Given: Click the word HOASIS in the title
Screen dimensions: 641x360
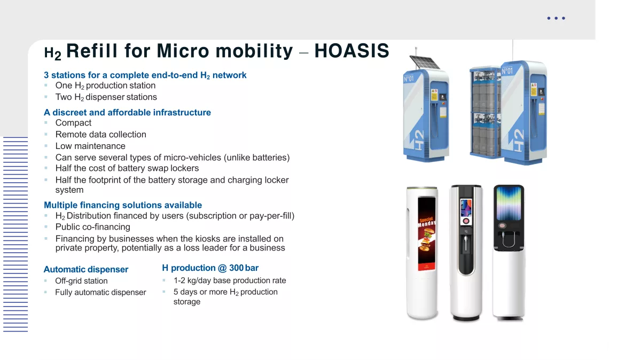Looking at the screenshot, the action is click(x=351, y=51).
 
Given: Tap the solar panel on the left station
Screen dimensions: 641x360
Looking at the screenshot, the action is click(x=425, y=62).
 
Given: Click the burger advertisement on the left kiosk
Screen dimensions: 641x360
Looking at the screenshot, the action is click(x=427, y=234).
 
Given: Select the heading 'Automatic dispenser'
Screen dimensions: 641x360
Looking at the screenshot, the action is click(x=86, y=269).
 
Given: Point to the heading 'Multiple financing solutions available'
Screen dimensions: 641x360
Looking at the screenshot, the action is click(x=123, y=205).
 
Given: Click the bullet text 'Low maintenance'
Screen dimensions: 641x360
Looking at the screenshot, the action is click(x=90, y=146).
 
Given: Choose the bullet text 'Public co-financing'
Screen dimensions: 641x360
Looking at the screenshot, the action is click(x=93, y=227).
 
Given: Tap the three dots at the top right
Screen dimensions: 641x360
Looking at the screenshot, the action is click(x=556, y=18).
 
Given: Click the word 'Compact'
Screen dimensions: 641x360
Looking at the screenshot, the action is click(x=73, y=123).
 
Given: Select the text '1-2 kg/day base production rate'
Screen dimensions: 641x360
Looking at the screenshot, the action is click(x=230, y=280).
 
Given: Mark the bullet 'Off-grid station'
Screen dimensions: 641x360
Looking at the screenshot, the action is click(x=82, y=281).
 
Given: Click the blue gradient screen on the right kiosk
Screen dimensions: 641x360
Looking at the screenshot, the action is click(x=509, y=203).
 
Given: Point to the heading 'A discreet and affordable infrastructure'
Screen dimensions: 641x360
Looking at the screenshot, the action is click(x=127, y=113).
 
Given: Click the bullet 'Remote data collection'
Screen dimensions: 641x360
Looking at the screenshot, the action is click(x=101, y=134).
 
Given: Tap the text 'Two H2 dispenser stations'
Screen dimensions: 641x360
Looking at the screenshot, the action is click(x=106, y=97).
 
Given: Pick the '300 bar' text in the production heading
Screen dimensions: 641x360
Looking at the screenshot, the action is click(x=244, y=268).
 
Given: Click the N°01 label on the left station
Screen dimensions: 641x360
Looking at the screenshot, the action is click(x=409, y=79).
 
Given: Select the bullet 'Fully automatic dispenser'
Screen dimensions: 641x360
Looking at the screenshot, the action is click(x=101, y=292).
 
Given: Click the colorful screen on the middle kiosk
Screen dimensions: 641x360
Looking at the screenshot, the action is click(x=466, y=208).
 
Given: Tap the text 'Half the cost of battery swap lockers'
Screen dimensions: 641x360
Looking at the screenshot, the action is click(x=127, y=168).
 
